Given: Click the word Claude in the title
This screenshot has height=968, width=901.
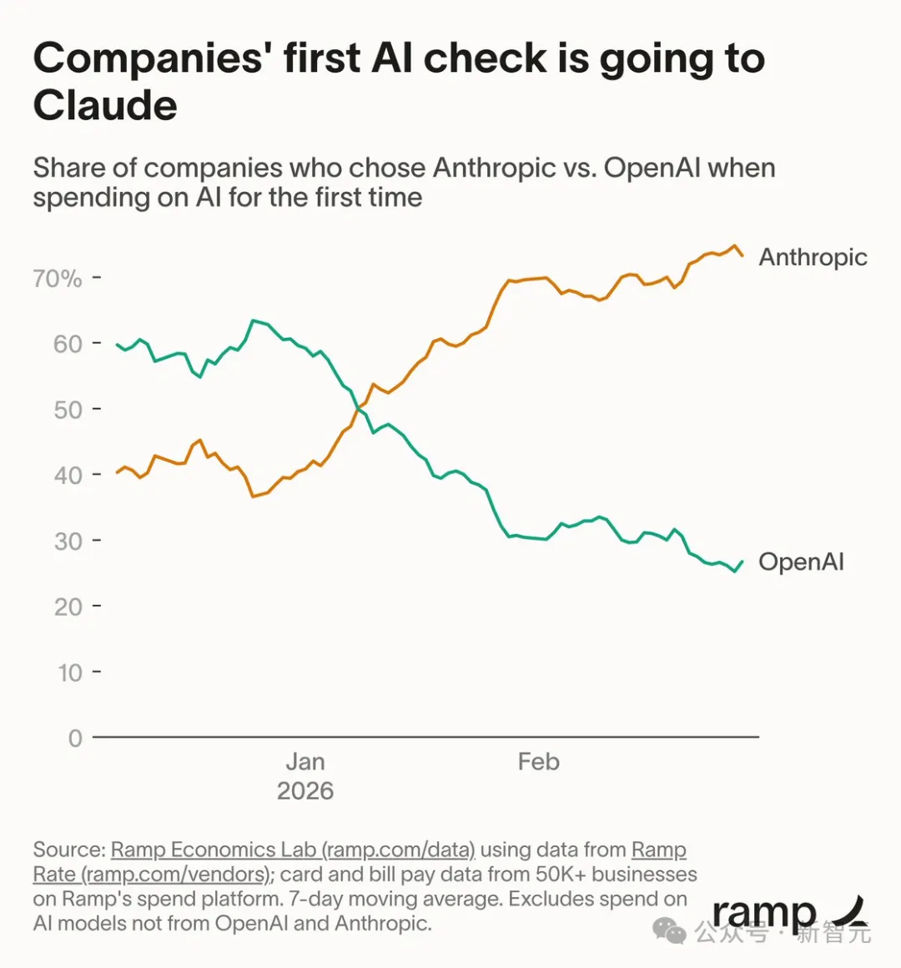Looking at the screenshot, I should [105, 106].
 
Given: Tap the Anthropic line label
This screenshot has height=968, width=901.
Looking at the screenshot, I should [813, 257].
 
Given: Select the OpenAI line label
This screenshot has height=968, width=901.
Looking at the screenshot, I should [801, 562].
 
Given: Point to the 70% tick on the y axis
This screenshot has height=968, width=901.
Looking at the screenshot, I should [58, 278].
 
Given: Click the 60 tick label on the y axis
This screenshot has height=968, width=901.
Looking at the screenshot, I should [68, 344].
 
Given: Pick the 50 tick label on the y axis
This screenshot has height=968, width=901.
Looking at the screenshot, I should [68, 410].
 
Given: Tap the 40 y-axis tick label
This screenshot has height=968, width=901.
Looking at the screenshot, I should [68, 476].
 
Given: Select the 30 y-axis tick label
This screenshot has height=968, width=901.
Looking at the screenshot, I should [68, 542].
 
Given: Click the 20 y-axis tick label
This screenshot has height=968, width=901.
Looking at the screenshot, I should [68, 607].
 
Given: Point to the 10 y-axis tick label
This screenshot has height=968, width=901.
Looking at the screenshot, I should [69, 673].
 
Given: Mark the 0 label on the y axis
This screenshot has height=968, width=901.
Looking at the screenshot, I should [75, 739].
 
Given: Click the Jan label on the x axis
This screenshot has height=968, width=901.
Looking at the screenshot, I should [305, 762].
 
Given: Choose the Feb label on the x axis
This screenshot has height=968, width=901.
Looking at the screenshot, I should [538, 762].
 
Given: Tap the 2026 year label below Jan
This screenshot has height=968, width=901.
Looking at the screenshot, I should [305, 791].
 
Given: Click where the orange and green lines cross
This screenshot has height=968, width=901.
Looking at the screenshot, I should [360, 406].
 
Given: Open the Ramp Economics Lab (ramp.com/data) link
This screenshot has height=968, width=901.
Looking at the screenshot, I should [293, 850].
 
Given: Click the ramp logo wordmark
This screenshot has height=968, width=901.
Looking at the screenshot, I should [764, 914].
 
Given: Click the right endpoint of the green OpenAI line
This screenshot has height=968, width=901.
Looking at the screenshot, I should [742, 561].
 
